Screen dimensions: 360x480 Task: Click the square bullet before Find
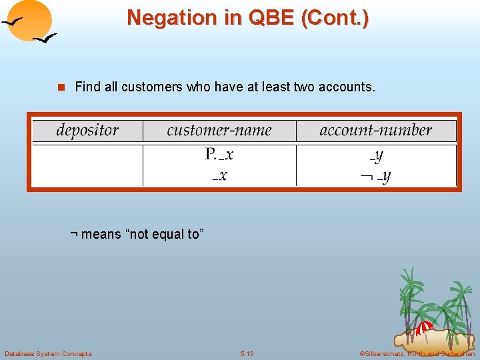click(x=62, y=87)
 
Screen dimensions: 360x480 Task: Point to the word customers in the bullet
click(x=151, y=87)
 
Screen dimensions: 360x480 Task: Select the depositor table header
click(x=87, y=130)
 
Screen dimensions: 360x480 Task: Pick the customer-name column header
click(x=219, y=130)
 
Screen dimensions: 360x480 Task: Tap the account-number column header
click(x=375, y=130)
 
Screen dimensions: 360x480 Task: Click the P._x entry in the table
click(x=219, y=155)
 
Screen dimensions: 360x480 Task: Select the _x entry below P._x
click(x=219, y=175)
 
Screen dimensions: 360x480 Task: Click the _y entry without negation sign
click(x=377, y=156)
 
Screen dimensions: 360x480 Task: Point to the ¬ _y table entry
click(x=375, y=176)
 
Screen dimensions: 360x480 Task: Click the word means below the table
click(x=101, y=234)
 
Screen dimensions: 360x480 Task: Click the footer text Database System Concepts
click(x=48, y=353)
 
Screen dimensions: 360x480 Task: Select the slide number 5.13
click(x=247, y=353)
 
